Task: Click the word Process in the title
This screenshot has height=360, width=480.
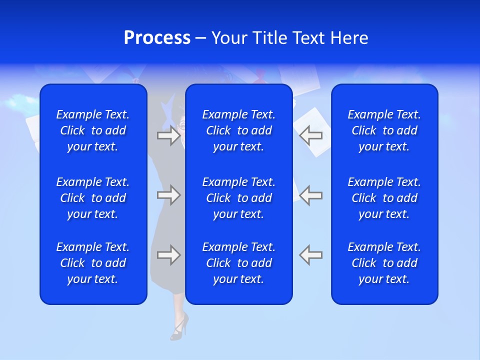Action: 157,38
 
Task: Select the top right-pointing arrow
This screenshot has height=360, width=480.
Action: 168,135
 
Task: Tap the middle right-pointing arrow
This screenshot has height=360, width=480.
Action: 168,195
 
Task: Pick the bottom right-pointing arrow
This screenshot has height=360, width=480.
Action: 168,255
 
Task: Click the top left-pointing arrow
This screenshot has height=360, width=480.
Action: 311,135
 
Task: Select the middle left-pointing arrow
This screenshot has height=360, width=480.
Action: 311,195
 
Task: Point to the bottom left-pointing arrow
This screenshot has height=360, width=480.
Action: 311,255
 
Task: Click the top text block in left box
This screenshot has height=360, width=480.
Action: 93,130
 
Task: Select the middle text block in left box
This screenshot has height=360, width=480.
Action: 93,198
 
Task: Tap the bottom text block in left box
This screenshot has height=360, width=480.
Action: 93,263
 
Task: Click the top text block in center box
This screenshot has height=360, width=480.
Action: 239,130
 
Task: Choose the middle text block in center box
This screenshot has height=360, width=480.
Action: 239,198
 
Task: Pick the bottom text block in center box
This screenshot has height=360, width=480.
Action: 239,263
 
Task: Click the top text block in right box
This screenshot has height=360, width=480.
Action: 384,130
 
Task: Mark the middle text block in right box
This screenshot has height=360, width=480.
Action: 384,198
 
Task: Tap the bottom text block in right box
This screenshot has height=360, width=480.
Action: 384,263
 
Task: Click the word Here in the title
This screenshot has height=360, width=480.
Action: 349,38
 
